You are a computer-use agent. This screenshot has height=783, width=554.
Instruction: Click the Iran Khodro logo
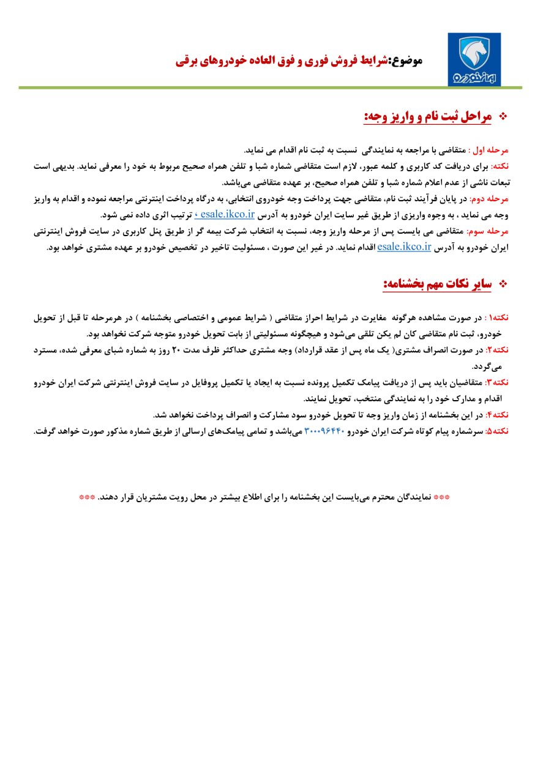474,59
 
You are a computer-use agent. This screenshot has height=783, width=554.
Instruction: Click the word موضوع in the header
406,61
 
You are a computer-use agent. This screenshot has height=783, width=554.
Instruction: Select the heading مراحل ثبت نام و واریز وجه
428,116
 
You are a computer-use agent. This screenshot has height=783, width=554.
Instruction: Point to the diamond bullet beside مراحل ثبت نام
505,116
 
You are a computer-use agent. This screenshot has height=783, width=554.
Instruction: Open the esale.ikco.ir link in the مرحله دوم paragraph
222,215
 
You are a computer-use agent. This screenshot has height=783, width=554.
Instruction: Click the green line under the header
269,88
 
